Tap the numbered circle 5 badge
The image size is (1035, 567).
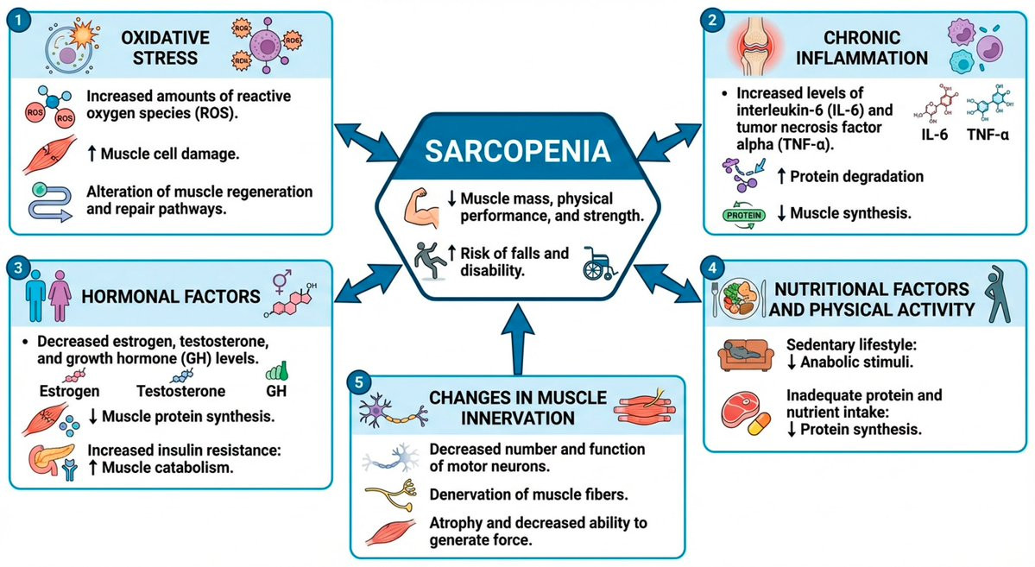[x=362, y=381]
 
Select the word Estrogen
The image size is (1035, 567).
[x=67, y=391]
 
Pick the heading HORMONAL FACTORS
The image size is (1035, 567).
[x=170, y=297]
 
